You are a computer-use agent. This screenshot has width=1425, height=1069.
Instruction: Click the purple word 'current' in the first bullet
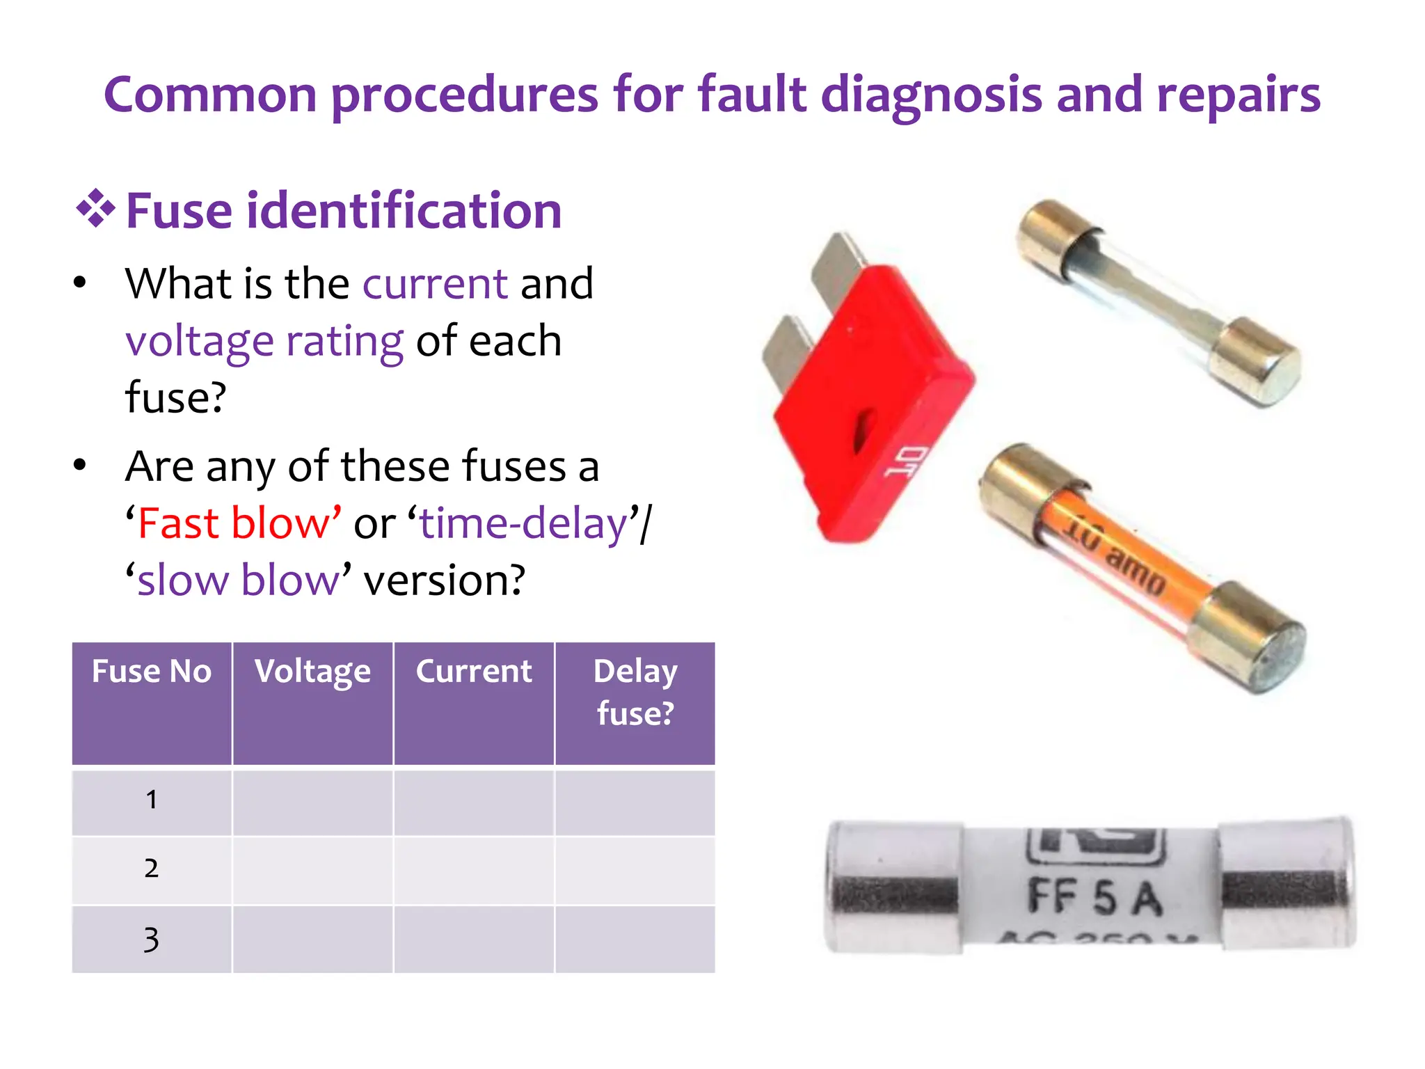[x=435, y=284]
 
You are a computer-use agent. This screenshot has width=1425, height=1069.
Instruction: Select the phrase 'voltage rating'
[x=264, y=341]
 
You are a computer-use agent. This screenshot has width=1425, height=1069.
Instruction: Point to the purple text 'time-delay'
[x=523, y=523]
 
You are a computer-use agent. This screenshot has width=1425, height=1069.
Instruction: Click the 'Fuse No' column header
[x=152, y=672]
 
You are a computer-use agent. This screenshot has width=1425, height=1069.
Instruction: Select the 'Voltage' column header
[x=312, y=672]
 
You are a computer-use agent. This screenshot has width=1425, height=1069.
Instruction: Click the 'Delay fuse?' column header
[x=635, y=692]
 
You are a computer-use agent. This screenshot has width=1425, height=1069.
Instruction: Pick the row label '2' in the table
[x=152, y=869]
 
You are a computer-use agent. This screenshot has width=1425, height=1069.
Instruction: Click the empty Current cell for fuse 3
[x=474, y=939]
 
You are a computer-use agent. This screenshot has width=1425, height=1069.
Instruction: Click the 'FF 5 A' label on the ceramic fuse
[x=1094, y=897]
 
